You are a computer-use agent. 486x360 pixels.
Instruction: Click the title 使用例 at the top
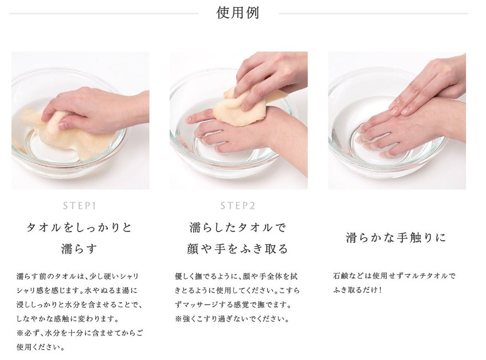(x=238, y=13)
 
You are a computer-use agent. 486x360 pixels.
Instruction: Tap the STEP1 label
(x=79, y=206)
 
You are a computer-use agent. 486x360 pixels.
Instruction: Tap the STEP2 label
(x=238, y=206)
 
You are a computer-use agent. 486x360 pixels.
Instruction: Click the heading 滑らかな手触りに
(x=396, y=238)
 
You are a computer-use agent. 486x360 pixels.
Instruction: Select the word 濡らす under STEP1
(x=79, y=249)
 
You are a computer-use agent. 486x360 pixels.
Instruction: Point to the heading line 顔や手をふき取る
(x=238, y=249)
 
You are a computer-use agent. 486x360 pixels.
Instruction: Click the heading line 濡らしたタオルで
(x=238, y=228)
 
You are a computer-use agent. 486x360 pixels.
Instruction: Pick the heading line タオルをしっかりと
(x=79, y=228)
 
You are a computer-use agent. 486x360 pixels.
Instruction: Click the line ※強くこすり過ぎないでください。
(x=232, y=319)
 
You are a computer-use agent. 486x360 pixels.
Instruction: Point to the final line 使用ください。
(x=41, y=347)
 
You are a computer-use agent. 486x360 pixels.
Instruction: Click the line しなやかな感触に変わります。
(x=67, y=318)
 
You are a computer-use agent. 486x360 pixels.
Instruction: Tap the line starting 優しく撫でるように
(x=236, y=276)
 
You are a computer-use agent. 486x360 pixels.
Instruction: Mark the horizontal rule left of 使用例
(x=104, y=14)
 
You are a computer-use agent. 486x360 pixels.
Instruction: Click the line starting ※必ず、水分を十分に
(x=80, y=333)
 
